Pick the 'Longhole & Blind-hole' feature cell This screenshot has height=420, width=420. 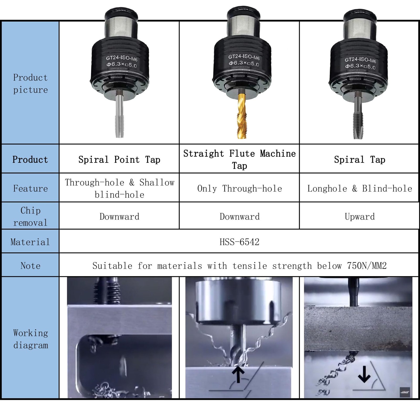360,188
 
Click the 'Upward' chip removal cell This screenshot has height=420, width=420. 360,217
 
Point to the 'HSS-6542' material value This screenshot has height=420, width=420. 239,242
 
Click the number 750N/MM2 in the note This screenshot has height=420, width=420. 367,266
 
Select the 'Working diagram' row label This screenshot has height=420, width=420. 30,339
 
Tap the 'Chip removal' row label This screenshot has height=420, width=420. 30,217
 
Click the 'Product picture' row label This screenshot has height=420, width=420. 30,83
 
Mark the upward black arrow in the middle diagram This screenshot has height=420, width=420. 238,375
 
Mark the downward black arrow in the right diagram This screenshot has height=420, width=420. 364,374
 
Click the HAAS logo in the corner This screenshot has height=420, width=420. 405,392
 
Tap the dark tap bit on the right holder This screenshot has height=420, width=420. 358,115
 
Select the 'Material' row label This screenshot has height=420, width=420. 30,242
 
